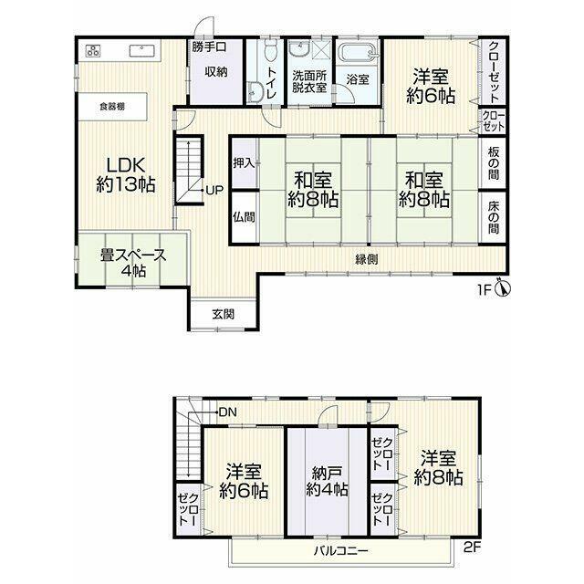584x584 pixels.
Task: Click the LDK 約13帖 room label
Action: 126,174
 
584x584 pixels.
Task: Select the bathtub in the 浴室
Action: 357,53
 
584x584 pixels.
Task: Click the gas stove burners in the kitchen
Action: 93,50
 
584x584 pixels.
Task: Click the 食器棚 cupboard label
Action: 112,107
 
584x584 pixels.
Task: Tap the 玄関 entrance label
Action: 224,314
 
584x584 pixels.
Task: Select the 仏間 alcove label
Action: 244,217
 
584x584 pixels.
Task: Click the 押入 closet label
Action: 244,162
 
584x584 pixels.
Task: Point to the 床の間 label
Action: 493,218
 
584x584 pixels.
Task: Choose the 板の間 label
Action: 493,163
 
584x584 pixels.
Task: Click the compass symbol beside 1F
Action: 503,288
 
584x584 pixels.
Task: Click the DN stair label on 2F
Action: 228,412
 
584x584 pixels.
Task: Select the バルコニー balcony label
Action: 340,550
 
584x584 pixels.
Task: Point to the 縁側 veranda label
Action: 367,259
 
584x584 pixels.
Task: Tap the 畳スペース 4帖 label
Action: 133,263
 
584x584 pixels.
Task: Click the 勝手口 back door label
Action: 209,47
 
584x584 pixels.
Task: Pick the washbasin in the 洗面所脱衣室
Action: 299,48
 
